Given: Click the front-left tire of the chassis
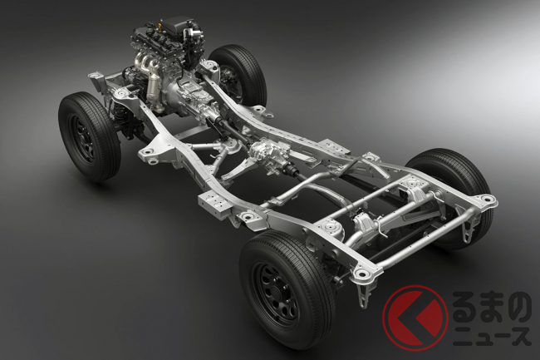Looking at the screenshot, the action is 89,137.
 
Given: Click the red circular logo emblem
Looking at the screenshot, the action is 415,318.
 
